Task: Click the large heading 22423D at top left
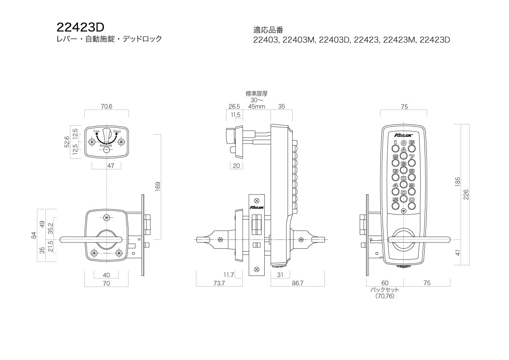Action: (x=80, y=27)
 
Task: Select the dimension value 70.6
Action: (x=106, y=107)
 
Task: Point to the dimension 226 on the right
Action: (x=465, y=194)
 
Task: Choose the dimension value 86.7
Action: (x=298, y=283)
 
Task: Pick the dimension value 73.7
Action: (x=219, y=283)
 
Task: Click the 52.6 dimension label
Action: (x=67, y=142)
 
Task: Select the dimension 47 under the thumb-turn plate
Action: (x=110, y=166)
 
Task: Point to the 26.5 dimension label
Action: (x=234, y=107)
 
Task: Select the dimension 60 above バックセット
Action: (x=385, y=283)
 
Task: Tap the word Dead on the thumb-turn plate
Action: (x=117, y=132)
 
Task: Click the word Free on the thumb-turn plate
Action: (x=96, y=132)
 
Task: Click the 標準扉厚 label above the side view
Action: (x=257, y=93)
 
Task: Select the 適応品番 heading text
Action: (x=268, y=30)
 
